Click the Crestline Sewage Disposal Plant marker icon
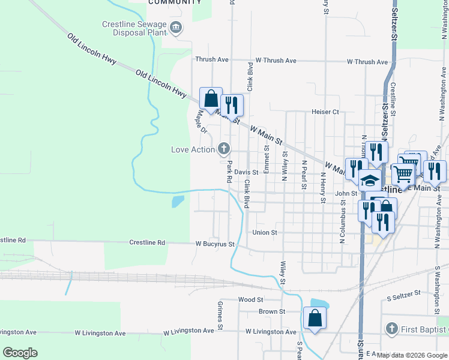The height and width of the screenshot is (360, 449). click(x=176, y=26)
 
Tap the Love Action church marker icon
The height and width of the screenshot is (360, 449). click(x=224, y=148)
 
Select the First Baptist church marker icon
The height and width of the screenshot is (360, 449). click(x=391, y=328)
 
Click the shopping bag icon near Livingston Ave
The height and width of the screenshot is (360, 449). click(x=315, y=318)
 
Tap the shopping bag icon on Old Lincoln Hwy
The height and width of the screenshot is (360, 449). click(x=211, y=98)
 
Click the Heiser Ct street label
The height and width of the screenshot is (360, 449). click(x=325, y=112)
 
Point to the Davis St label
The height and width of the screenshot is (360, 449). click(x=246, y=172)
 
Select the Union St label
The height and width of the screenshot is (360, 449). click(x=265, y=232)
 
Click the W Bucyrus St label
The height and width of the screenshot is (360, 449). click(x=214, y=244)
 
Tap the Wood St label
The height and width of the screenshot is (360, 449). click(x=251, y=299)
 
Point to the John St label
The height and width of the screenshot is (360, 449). click(x=346, y=193)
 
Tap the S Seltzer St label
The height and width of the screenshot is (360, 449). click(x=406, y=297)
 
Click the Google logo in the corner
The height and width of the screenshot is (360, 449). click(x=20, y=352)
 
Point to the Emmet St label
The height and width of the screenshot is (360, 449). click(x=266, y=155)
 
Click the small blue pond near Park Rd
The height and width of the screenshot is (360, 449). click(x=178, y=201)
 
